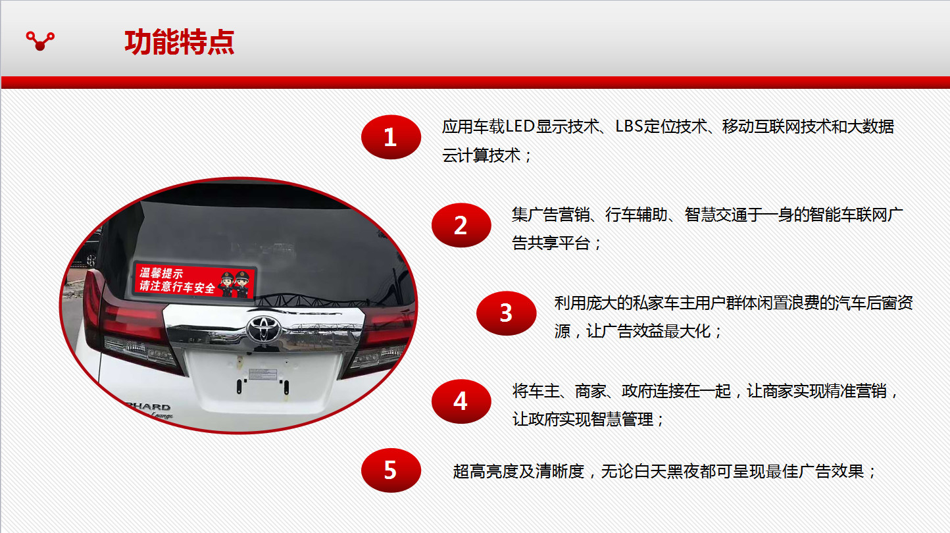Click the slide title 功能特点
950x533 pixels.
179,42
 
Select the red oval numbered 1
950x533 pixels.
391,137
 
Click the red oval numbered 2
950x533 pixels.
461,225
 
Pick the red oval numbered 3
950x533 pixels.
506,313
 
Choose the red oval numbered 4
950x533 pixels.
461,401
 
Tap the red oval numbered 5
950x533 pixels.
391,470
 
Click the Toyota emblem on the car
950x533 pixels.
264,329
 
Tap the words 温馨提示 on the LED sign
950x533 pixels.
162,273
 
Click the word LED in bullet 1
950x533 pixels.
520,126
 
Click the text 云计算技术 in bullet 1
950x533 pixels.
481,155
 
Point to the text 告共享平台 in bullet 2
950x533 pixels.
551,243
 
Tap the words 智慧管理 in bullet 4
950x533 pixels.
622,419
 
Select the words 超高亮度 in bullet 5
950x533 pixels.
484,471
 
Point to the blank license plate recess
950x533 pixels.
264,380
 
